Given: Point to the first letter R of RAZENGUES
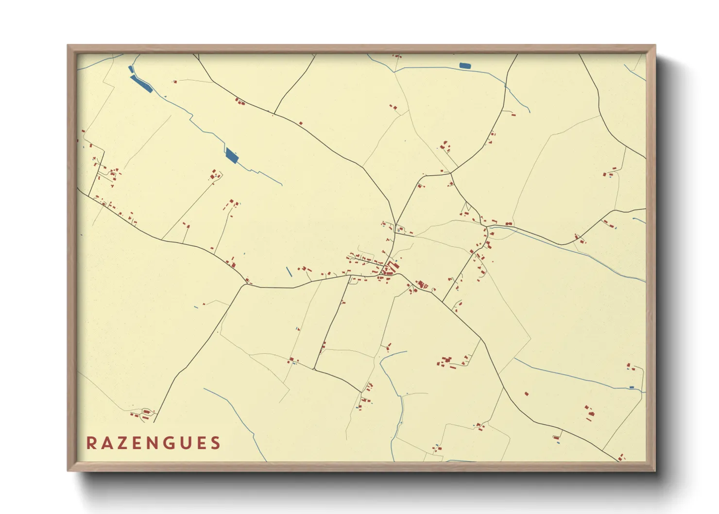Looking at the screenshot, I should pos(91,443).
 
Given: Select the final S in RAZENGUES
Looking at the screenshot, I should pos(215,443).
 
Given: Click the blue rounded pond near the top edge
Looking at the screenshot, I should pos(465,66).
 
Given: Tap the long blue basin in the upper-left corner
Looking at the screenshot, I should pos(141,84).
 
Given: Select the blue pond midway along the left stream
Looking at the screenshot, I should pos(232,155).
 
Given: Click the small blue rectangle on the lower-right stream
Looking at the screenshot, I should pos(632,387).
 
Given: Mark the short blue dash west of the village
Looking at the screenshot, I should pos(289,272).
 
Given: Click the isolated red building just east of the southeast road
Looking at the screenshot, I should pos(526,394).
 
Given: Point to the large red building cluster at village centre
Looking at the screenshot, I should pos(390,269).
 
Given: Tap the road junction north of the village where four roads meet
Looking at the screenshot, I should pos(451,173).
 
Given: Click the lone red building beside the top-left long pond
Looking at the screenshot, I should pos(175,82).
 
